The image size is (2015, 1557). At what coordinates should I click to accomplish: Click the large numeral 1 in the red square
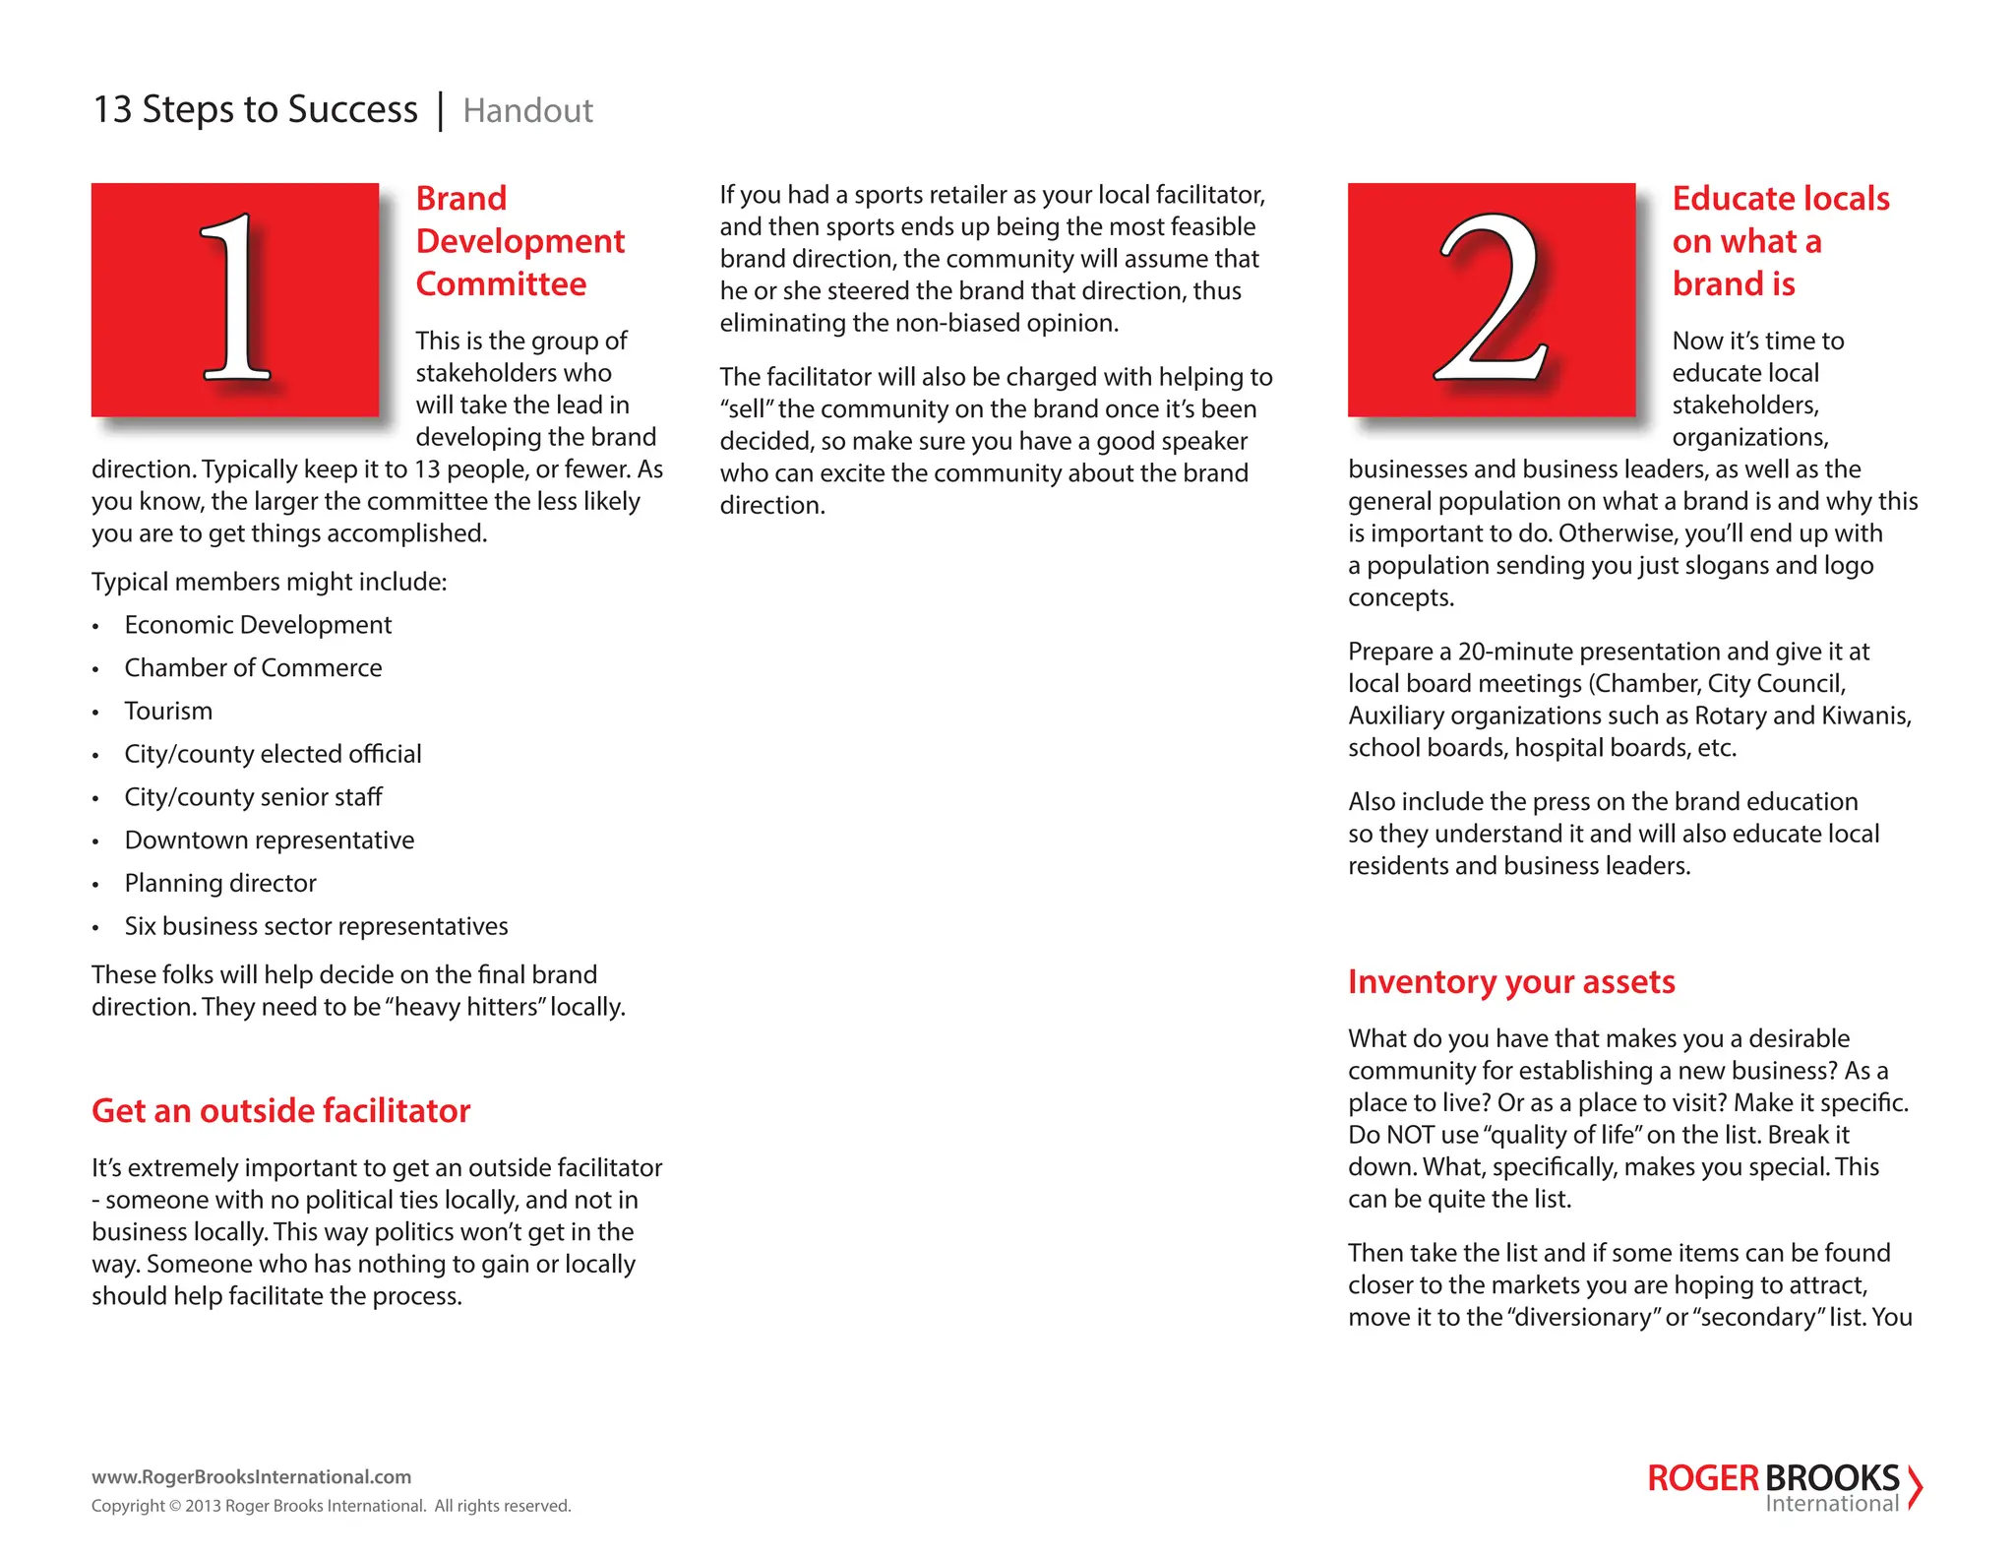pyautogui.click(x=235, y=297)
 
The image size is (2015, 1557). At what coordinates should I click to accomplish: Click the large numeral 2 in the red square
pyautogui.click(x=1491, y=297)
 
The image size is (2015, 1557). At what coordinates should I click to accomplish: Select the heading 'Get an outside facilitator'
pyautogui.click(x=280, y=1111)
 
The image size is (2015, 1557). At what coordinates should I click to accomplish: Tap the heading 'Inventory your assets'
pyautogui.click(x=1510, y=982)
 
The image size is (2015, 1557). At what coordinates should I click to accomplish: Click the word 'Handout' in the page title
pyautogui.click(x=527, y=111)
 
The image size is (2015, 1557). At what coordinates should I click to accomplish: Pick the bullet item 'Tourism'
pyautogui.click(x=168, y=712)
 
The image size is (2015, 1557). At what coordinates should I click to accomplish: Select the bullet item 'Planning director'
pyautogui.click(x=220, y=884)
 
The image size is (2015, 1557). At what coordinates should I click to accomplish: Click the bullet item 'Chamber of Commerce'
pyautogui.click(x=253, y=668)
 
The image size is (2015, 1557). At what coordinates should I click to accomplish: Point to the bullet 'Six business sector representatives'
pyautogui.click(x=316, y=927)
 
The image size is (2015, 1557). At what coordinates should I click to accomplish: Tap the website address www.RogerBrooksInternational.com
pyautogui.click(x=251, y=1477)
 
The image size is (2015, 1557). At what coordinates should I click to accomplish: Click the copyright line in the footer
pyautogui.click(x=331, y=1506)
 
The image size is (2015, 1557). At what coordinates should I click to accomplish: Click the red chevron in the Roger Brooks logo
pyautogui.click(x=1914, y=1487)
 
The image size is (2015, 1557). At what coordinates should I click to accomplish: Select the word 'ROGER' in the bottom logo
pyautogui.click(x=1702, y=1478)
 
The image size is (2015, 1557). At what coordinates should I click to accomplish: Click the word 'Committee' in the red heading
pyautogui.click(x=501, y=284)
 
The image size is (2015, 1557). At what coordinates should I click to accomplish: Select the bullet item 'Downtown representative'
pyautogui.click(x=269, y=841)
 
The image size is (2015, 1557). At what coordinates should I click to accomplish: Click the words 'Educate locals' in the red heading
pyautogui.click(x=1780, y=199)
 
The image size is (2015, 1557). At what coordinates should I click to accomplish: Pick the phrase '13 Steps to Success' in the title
pyautogui.click(x=255, y=109)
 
